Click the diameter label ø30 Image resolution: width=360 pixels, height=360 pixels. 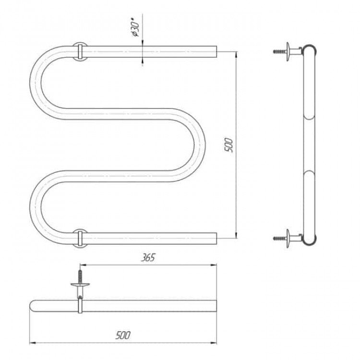[136, 29]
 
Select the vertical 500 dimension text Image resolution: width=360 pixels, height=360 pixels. [229, 145]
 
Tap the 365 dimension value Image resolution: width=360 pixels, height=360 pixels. [148, 258]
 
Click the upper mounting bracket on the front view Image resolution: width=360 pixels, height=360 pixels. [80, 51]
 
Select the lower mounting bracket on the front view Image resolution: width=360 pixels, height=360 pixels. [80, 238]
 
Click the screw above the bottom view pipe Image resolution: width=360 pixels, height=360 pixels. [80, 276]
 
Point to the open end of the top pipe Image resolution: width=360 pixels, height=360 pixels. [216, 52]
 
